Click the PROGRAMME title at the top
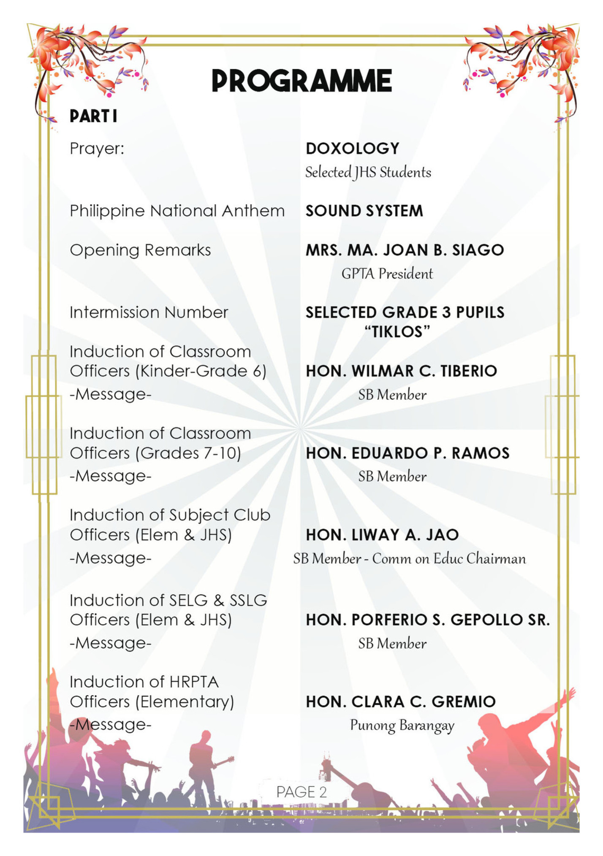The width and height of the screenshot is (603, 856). click(301, 81)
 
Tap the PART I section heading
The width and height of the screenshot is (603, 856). click(93, 116)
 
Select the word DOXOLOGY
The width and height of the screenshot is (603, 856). click(353, 149)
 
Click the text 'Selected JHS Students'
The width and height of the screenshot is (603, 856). click(368, 172)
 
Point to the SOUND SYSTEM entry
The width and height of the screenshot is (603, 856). click(364, 211)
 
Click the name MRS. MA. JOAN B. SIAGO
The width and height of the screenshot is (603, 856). click(405, 250)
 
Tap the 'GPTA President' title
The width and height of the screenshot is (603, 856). click(387, 274)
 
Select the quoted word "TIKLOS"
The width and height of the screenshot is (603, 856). click(397, 332)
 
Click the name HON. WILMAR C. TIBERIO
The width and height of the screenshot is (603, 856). click(401, 371)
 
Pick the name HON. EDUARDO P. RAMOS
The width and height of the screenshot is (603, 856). click(407, 453)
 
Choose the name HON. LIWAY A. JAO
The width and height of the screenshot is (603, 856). click(382, 535)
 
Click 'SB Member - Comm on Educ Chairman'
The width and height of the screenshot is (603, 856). click(410, 559)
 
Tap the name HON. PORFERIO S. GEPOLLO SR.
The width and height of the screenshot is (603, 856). click(428, 620)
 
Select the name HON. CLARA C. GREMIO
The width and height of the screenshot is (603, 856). click(400, 702)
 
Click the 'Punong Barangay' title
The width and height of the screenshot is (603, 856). click(402, 726)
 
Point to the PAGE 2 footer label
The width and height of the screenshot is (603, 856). click(301, 792)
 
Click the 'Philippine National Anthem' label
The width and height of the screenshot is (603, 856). click(177, 211)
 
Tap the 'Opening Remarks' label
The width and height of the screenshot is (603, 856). click(140, 250)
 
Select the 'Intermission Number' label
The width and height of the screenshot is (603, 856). click(149, 313)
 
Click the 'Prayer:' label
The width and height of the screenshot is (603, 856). click(97, 149)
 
